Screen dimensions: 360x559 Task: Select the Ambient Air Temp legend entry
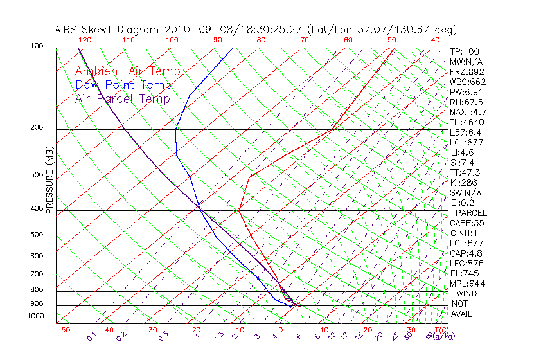[x=127, y=71]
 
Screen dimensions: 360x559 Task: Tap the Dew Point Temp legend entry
[x=123, y=85]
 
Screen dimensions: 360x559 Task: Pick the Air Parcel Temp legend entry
[x=122, y=98]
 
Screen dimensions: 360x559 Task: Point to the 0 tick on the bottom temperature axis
[x=281, y=330]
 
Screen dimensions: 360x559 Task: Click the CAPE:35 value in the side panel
[x=467, y=223]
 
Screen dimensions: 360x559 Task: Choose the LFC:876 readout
[x=466, y=264]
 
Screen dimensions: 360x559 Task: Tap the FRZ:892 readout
[x=468, y=72]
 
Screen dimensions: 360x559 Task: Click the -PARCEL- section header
[x=471, y=213]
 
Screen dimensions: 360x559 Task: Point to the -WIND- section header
[x=467, y=293]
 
